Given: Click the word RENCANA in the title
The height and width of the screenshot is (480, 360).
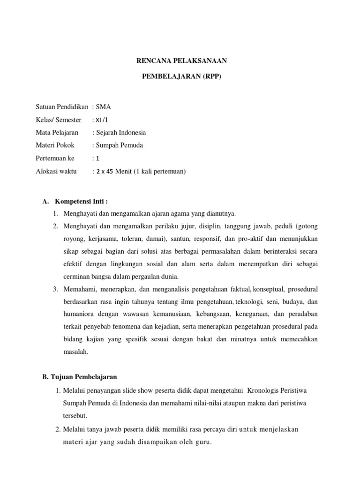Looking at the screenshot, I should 150,61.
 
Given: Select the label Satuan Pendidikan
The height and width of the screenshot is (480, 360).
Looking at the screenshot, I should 62,106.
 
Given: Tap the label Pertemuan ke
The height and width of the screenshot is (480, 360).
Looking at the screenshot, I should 55,158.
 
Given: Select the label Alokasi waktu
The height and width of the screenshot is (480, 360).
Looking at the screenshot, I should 56,172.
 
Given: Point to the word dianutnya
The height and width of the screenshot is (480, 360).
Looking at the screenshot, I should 221,214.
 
